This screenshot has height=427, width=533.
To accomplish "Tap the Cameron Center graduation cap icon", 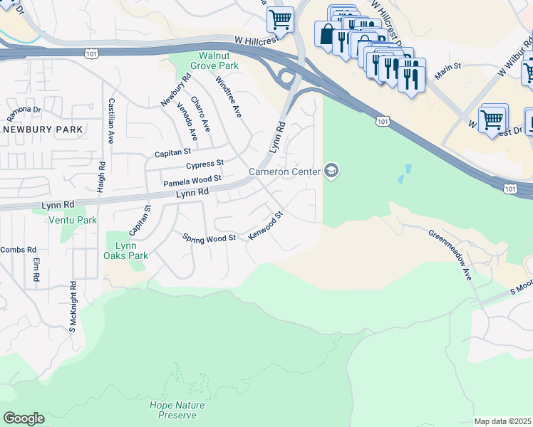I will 331,171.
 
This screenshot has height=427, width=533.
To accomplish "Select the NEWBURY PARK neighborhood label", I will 43,130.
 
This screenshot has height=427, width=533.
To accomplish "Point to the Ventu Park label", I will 72,221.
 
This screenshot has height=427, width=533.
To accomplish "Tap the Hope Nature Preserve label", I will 177,410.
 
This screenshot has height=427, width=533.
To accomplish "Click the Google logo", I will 24,418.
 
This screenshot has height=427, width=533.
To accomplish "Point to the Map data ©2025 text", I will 503,421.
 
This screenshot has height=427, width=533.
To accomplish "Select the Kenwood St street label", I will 266,225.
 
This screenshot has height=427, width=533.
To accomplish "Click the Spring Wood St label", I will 209,238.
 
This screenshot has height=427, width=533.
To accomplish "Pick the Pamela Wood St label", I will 192,182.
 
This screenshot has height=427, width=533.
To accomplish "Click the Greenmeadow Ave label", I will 450,254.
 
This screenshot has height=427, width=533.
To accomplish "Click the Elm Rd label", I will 36,269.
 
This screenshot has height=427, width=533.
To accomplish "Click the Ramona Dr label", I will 25,112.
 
